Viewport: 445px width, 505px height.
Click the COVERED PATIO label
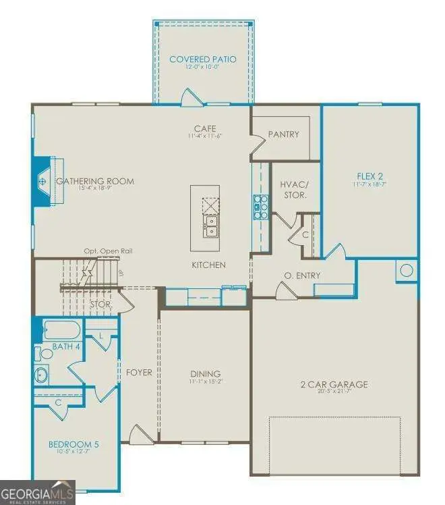202,59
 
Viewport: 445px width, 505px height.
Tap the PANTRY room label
283,134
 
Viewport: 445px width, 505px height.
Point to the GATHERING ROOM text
95,181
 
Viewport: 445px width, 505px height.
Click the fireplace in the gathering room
43,182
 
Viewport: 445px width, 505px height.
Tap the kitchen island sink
212,225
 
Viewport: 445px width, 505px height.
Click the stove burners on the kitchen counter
260,207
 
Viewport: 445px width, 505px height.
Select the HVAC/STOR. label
295,190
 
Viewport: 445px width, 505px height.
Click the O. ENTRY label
302,275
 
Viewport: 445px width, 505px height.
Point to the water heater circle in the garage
407,271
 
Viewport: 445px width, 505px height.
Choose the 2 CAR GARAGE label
334,385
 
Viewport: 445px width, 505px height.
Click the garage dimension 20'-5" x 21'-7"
334,394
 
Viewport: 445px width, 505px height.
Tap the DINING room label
205,374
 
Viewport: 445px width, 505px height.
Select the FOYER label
139,373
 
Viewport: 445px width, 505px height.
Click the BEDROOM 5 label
74,444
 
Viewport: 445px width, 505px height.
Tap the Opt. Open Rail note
108,251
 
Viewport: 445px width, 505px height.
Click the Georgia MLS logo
37,492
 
